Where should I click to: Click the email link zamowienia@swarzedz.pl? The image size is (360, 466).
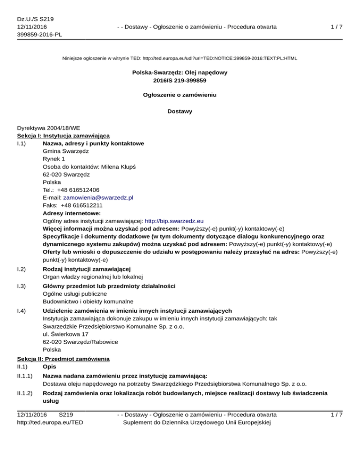point(98,198)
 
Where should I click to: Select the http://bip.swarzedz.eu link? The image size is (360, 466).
point(174,220)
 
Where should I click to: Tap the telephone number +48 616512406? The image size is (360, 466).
point(82,190)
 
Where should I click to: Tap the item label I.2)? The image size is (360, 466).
point(22,269)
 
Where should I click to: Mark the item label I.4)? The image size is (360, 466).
point(22,311)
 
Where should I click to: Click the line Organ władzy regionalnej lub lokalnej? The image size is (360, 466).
point(92,277)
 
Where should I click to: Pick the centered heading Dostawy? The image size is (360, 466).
point(180,112)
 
